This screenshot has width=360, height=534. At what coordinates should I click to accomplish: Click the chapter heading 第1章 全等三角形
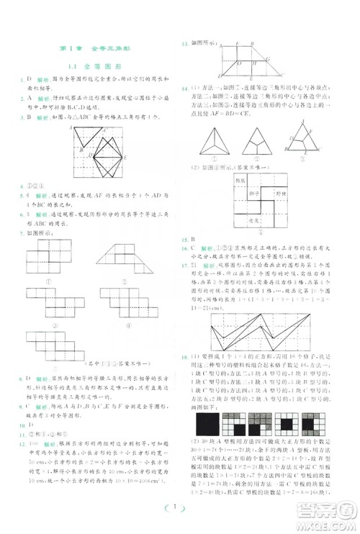(92, 48)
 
